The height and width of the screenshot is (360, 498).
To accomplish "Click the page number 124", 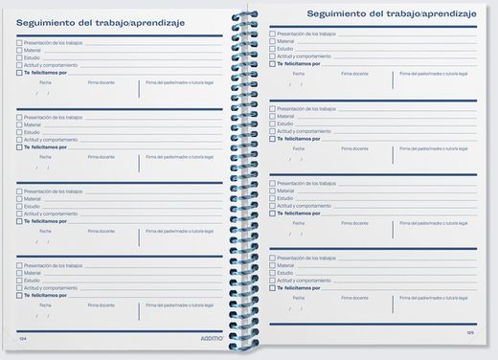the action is pos(23,338).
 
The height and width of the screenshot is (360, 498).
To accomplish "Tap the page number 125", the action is pos(470,332).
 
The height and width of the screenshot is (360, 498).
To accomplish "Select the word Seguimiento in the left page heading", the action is pos(53,23).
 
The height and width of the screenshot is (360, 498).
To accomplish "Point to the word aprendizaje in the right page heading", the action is pos(445,13).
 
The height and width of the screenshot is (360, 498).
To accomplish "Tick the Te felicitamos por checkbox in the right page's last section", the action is pos(273,285).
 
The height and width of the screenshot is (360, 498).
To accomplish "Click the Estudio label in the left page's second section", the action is pos(33,131).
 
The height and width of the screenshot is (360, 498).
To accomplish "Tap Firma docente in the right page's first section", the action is pos(354,72).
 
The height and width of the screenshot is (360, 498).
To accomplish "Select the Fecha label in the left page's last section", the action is pos(45,304).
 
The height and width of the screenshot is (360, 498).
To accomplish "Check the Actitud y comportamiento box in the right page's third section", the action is pos(273,205).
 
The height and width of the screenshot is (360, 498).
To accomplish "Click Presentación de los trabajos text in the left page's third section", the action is pos(53,191).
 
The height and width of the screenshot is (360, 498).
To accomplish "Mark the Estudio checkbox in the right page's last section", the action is pos(273,271).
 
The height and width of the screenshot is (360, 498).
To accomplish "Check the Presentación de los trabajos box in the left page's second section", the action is pos(19,117).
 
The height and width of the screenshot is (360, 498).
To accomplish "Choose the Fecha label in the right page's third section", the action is pos(299,222).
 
